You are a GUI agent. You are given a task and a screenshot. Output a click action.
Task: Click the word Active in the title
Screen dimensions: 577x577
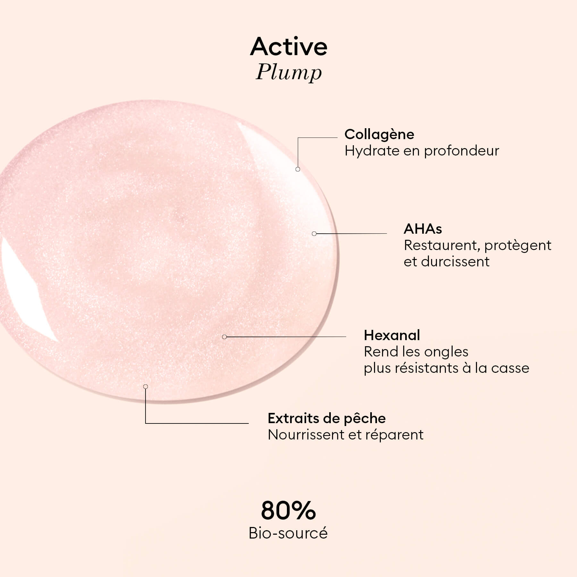288,46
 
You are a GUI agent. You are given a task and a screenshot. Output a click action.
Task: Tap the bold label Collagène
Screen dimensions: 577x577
379,134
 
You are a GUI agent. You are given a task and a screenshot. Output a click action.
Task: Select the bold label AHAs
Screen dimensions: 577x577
423,229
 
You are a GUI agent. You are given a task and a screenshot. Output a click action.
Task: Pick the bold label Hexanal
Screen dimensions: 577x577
392,335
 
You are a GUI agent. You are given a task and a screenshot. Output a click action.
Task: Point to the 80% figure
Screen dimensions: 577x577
288,511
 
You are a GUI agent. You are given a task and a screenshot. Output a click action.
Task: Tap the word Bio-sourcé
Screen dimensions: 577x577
288,533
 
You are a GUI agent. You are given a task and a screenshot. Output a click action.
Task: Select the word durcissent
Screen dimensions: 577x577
455,262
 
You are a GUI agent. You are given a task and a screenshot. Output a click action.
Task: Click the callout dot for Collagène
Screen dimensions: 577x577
298,169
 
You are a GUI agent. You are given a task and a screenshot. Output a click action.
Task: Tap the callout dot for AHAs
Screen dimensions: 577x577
314,234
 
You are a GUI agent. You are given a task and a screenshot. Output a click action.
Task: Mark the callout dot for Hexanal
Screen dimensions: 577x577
224,337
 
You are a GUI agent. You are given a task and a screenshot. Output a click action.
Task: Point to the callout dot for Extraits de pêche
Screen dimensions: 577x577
146,387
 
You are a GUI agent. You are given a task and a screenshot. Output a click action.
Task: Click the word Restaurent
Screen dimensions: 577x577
441,246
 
